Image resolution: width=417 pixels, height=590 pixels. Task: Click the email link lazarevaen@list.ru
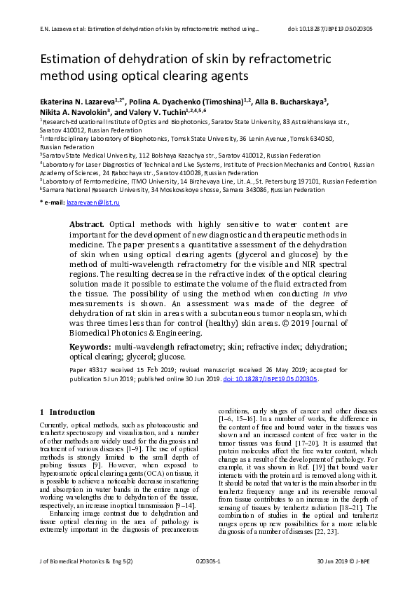[93, 203]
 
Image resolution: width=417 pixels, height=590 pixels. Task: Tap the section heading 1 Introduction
[68, 412]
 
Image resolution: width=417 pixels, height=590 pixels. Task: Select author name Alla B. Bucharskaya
[294, 101]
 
